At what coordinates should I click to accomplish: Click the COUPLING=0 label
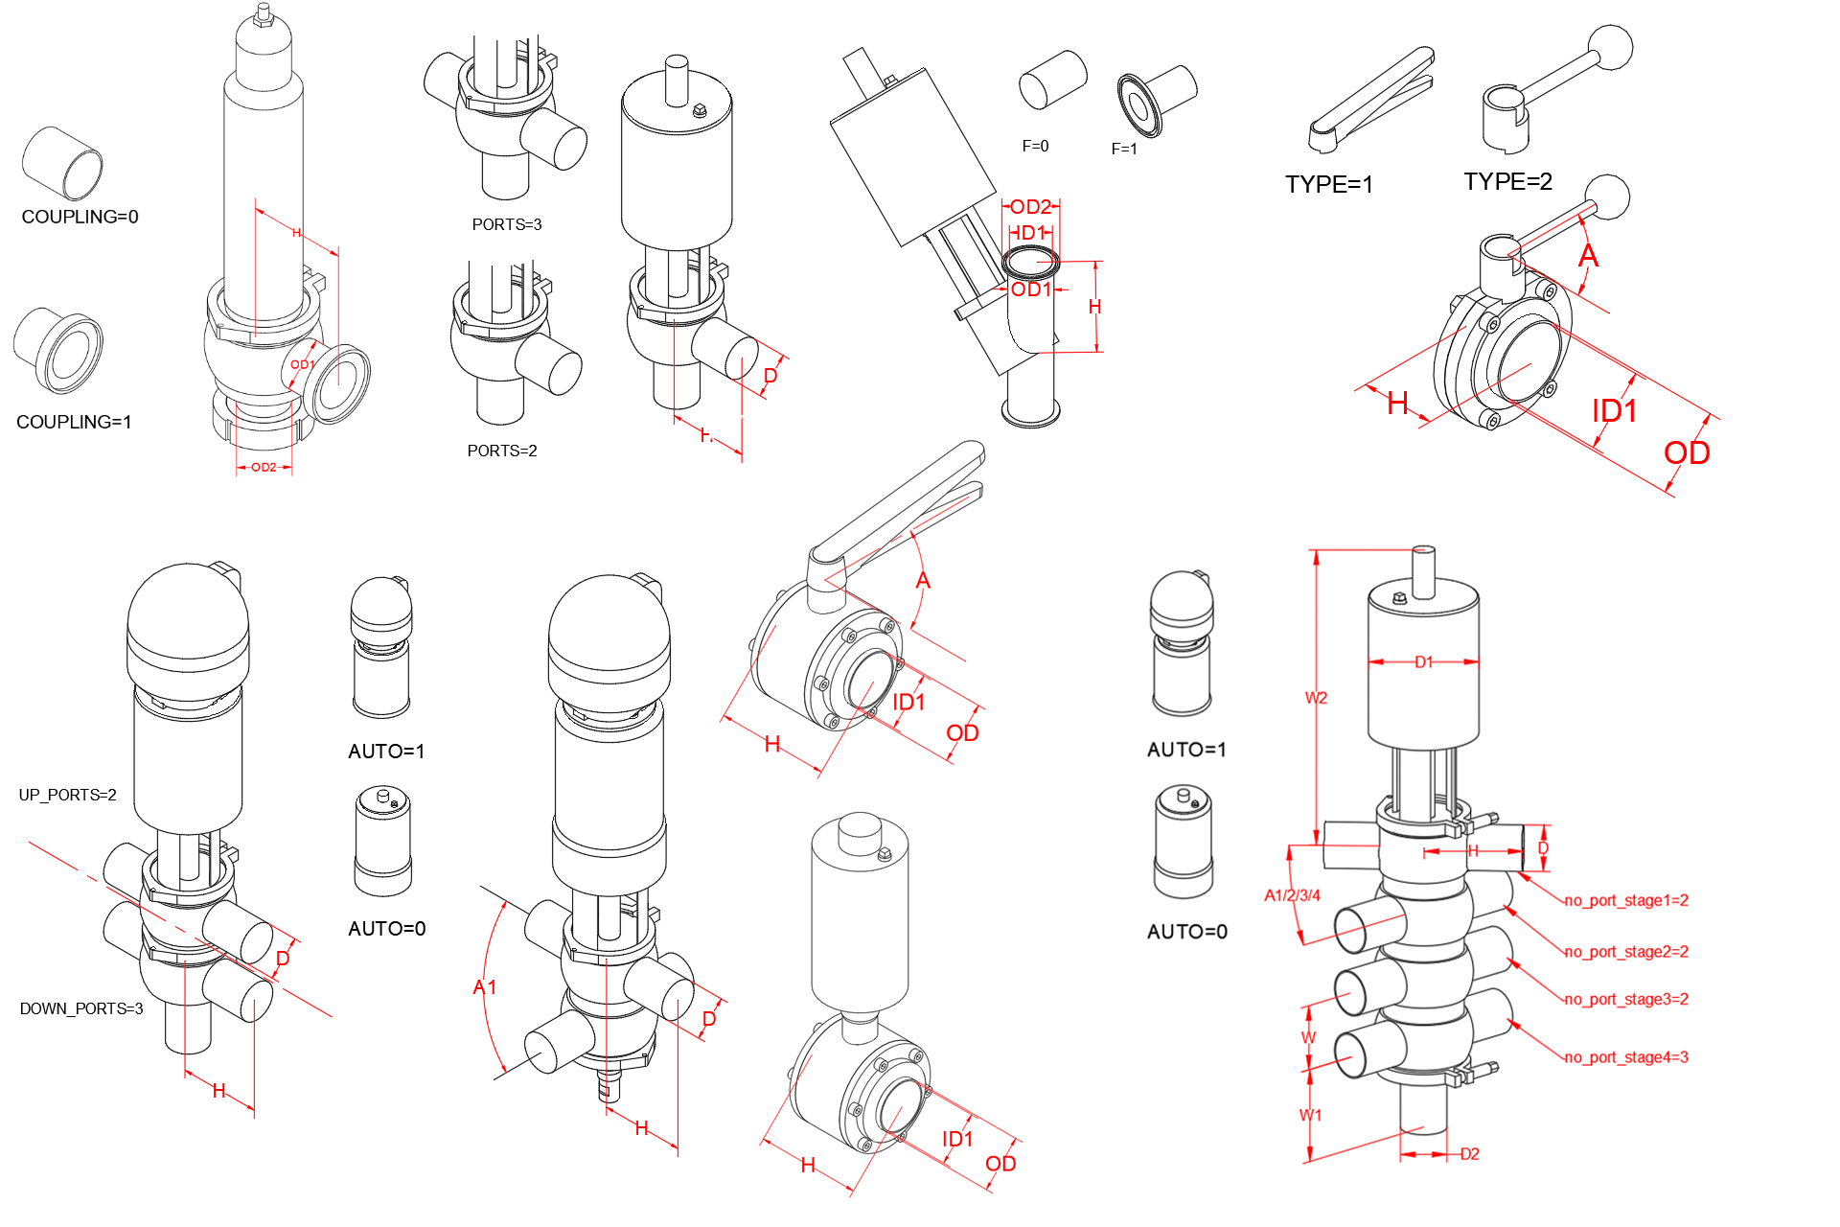point(80,218)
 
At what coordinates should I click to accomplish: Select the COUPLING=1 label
point(74,423)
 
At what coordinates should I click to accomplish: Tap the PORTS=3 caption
point(506,225)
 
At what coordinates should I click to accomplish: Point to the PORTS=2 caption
point(501,451)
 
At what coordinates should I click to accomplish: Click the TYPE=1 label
point(1328,185)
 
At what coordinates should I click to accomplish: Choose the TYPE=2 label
point(1507,182)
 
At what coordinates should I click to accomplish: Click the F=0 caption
point(1035,147)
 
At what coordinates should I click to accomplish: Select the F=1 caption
point(1124,150)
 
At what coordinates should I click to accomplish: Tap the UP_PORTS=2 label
point(67,796)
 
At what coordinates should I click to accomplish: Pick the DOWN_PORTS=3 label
point(81,1009)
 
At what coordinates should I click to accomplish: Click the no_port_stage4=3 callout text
point(1626,1058)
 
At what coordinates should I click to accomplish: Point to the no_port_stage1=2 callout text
point(1626,901)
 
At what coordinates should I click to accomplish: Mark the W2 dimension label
point(1316,699)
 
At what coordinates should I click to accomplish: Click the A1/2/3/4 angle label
point(1292,896)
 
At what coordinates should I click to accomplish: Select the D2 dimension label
point(1469,1155)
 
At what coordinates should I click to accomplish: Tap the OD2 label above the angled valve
point(1030,207)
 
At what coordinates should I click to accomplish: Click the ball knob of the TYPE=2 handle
point(1610,46)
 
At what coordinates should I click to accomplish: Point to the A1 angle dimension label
point(485,987)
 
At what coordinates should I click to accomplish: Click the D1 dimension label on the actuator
point(1423,662)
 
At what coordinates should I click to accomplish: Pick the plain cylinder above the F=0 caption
point(1052,80)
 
